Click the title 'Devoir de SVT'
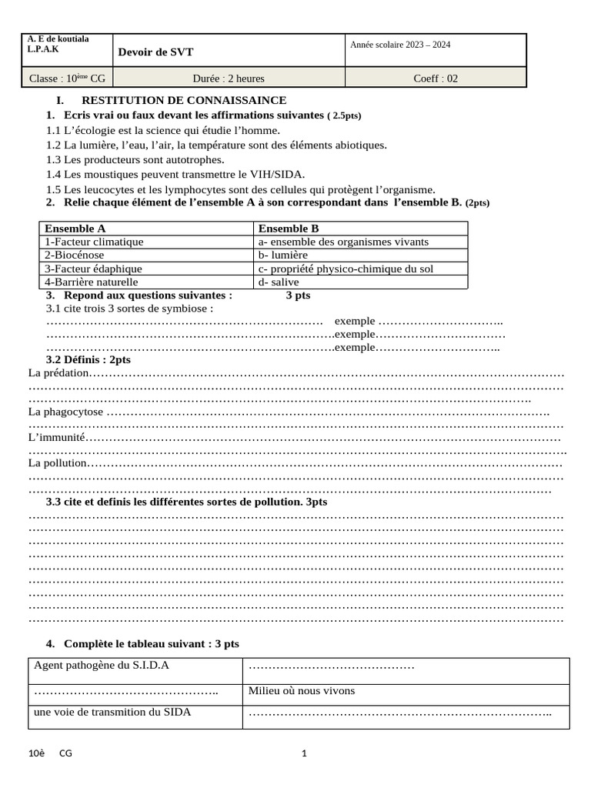(155, 52)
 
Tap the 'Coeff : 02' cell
(436, 78)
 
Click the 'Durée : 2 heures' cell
(229, 78)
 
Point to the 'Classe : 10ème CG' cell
(68, 78)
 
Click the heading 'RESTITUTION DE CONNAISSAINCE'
(184, 101)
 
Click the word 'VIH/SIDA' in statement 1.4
(282, 175)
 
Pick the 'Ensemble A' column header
(75, 229)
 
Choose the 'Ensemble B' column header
(289, 229)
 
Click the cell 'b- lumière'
(283, 255)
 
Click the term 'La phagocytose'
(65, 412)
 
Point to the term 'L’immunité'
(56, 438)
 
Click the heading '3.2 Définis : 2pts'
(88, 359)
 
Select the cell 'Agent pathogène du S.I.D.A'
(102, 666)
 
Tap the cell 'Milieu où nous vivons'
(302, 690)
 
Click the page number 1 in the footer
(303, 753)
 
